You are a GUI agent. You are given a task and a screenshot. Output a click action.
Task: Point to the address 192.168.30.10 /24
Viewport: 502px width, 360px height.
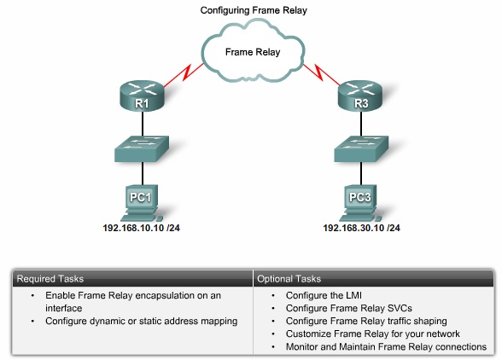(361, 229)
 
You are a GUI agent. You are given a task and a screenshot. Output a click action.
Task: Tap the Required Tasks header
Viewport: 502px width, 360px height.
(49, 278)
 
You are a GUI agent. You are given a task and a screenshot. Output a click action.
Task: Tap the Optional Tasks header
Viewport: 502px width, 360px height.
(289, 278)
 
